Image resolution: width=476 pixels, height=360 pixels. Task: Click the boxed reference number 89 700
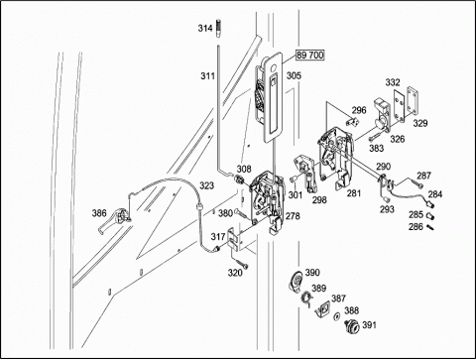pyautogui.click(x=309, y=55)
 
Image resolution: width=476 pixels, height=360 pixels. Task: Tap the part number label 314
pyautogui.click(x=205, y=28)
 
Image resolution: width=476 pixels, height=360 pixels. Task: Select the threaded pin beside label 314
pyautogui.click(x=218, y=29)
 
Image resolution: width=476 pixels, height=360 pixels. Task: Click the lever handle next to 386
pyautogui.click(x=114, y=220)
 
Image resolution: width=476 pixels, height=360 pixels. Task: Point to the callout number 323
pyautogui.click(x=206, y=185)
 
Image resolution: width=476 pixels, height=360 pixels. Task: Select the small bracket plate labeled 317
pyautogui.click(x=236, y=239)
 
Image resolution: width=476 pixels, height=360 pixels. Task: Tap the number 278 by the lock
pyautogui.click(x=293, y=216)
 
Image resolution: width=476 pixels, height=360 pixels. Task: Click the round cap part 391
pyautogui.click(x=352, y=326)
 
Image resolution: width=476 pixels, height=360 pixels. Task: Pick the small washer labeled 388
pyautogui.click(x=336, y=316)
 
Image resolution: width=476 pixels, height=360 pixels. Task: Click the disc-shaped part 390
pyautogui.click(x=296, y=282)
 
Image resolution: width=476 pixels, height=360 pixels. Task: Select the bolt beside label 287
pyautogui.click(x=416, y=183)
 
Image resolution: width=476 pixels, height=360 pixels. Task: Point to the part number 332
pyautogui.click(x=393, y=82)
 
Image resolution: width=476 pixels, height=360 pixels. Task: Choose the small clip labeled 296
pyautogui.click(x=352, y=122)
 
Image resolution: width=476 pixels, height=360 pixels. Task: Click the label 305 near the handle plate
pyautogui.click(x=294, y=75)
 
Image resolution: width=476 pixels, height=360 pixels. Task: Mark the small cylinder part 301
pyautogui.click(x=293, y=180)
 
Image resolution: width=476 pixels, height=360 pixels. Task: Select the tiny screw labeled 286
pyautogui.click(x=429, y=227)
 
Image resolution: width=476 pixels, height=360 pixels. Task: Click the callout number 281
pyautogui.click(x=353, y=193)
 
